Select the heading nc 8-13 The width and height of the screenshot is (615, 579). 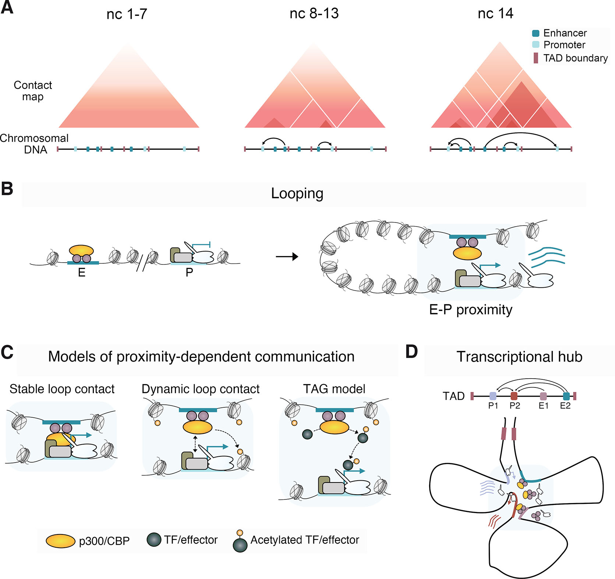314,14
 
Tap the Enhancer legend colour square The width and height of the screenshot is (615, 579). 536,33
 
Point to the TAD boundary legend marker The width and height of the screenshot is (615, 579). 536,58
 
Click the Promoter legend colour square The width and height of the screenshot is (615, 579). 536,45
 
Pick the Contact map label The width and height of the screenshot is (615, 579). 33,91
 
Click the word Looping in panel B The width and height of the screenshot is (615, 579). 297,193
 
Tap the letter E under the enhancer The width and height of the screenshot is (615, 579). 82,273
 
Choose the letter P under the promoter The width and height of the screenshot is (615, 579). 189,273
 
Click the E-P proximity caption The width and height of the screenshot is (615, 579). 470,310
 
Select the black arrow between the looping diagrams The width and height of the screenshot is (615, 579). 287,257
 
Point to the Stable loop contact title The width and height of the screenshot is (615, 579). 62,389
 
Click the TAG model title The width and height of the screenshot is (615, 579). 334,389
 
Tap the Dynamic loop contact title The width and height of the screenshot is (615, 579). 201,389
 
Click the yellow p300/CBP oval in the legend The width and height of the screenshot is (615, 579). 60,541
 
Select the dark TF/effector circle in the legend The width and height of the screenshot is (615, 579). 154,540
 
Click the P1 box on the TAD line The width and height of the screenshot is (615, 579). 493,396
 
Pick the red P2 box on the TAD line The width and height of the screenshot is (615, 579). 514,396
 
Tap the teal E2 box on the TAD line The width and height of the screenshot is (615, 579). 566,396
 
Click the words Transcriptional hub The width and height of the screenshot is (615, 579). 519,357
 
